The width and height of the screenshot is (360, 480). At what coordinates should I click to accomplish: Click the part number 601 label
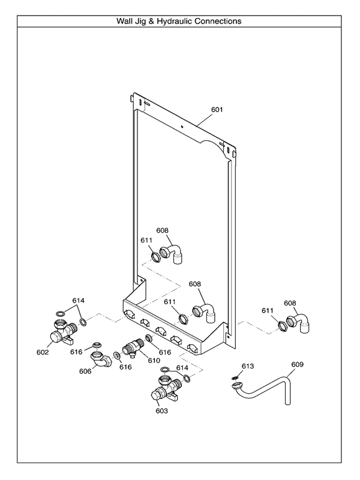tap(217, 110)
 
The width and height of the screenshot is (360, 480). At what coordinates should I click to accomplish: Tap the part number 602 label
tap(43, 352)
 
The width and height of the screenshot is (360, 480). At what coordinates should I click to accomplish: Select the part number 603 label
tap(162, 411)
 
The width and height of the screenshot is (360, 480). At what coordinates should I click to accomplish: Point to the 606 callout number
tap(85, 371)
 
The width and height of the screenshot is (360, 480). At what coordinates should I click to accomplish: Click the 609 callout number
tap(298, 364)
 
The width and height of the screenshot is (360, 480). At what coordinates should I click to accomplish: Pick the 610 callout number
tap(154, 361)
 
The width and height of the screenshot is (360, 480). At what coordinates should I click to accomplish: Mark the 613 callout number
tap(248, 365)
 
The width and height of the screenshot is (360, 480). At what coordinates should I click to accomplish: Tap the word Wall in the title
tap(127, 21)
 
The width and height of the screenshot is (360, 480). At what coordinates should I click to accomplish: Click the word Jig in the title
tap(144, 21)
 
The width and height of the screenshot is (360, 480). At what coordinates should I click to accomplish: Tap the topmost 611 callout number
tap(147, 240)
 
